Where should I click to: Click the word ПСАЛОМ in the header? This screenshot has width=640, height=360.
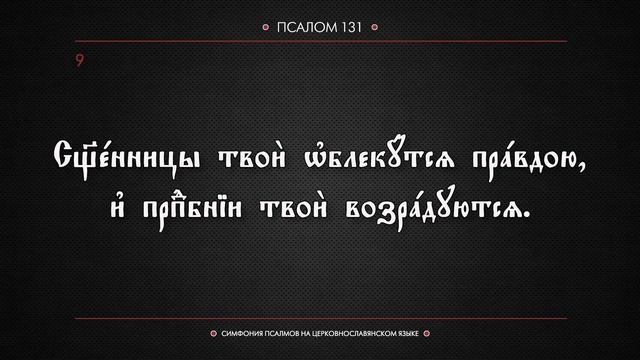click(306, 29)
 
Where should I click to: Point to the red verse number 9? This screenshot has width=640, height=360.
click(78, 62)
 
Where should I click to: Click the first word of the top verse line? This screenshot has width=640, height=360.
click(121, 160)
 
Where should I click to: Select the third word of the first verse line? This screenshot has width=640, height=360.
click(359, 160)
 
